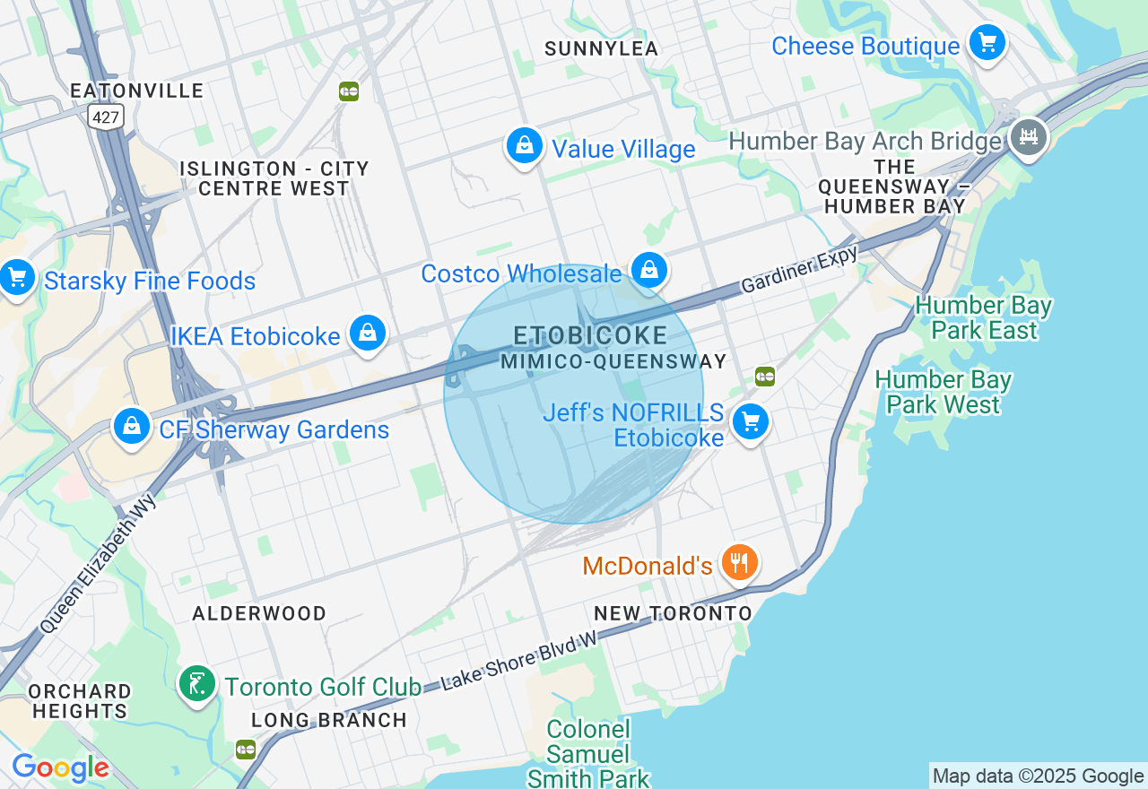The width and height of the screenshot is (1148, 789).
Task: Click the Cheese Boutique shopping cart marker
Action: pyautogui.click(x=987, y=43)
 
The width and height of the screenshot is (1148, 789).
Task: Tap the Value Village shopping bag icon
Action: pyautogui.click(x=525, y=145)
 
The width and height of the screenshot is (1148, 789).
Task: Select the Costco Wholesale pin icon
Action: pyautogui.click(x=649, y=269)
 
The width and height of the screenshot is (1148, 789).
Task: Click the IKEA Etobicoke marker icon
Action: pyautogui.click(x=367, y=333)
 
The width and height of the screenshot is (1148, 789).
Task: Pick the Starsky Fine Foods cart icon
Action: pyautogui.click(x=16, y=278)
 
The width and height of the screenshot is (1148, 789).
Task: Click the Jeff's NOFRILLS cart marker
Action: pyautogui.click(x=751, y=421)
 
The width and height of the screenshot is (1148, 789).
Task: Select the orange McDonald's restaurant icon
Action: pyautogui.click(x=739, y=563)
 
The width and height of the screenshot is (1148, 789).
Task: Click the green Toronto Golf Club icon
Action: pyautogui.click(x=196, y=684)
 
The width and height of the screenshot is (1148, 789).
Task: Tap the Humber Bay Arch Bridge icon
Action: pyautogui.click(x=1029, y=137)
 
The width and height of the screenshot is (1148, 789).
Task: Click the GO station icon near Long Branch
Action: pyautogui.click(x=246, y=750)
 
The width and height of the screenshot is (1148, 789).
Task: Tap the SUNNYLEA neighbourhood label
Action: pyautogui.click(x=601, y=48)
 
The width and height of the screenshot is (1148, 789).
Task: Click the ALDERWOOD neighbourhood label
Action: pyautogui.click(x=259, y=613)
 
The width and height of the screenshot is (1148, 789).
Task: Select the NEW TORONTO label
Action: pyautogui.click(x=673, y=613)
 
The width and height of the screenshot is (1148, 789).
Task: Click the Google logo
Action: pyautogui.click(x=60, y=767)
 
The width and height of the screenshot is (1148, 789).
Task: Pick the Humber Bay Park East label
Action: pyautogui.click(x=983, y=317)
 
